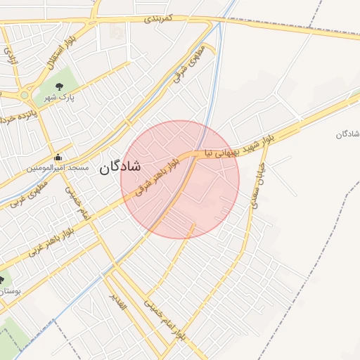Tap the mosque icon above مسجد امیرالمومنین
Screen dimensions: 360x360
(x=57, y=157)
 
